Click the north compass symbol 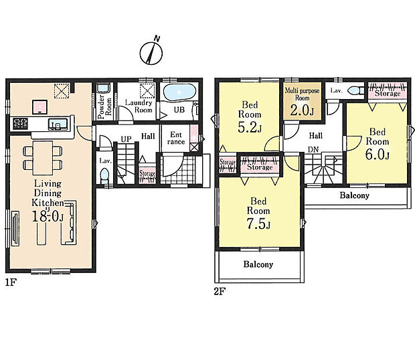151,53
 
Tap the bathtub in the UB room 179,92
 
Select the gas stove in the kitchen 20,124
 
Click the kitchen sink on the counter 58,124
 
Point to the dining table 43,158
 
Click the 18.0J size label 48,217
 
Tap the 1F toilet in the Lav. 105,176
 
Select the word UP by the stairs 126,139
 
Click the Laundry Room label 139,106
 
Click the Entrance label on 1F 176,138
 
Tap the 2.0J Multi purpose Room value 302,110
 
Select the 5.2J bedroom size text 250,128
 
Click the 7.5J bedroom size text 258,223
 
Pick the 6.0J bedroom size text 377,155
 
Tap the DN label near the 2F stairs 313,149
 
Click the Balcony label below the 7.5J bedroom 258,264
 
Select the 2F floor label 220,292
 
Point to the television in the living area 15,229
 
